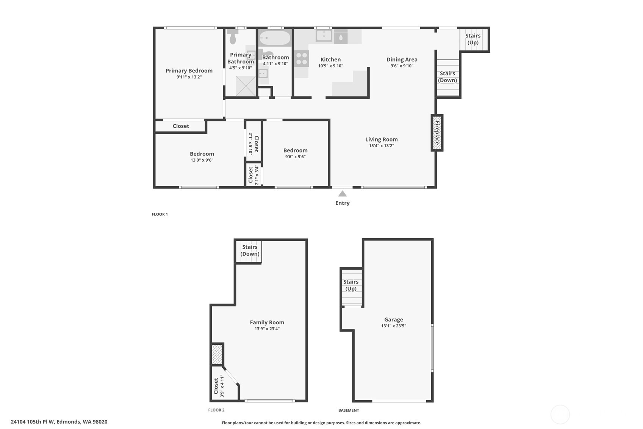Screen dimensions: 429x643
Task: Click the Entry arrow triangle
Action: pos(342,194)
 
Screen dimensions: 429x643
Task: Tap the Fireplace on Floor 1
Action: pos(437,133)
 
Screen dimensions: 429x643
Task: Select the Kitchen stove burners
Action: pos(302,59)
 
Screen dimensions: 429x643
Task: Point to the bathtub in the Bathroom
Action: pos(275,38)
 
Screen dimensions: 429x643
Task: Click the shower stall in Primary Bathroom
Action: pos(246,86)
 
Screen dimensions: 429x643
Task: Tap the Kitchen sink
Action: pos(324,35)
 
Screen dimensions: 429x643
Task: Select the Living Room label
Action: pos(381,139)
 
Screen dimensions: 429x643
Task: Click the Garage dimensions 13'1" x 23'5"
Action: pos(393,326)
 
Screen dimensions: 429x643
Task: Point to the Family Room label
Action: pos(267,322)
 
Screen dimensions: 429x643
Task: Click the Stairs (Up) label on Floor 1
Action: pos(473,39)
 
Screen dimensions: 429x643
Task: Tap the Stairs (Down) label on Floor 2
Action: pos(250,250)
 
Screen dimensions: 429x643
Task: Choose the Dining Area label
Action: pos(402,60)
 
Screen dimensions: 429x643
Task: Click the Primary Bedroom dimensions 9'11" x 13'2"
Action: pos(189,77)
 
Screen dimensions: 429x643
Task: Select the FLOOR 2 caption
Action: pos(216,410)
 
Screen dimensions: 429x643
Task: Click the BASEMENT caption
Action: pos(349,410)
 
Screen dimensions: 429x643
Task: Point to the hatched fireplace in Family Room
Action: pos(217,354)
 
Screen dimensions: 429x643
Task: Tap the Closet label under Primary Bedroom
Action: pos(181,126)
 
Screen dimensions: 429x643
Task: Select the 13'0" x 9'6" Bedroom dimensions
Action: pos(202,160)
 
